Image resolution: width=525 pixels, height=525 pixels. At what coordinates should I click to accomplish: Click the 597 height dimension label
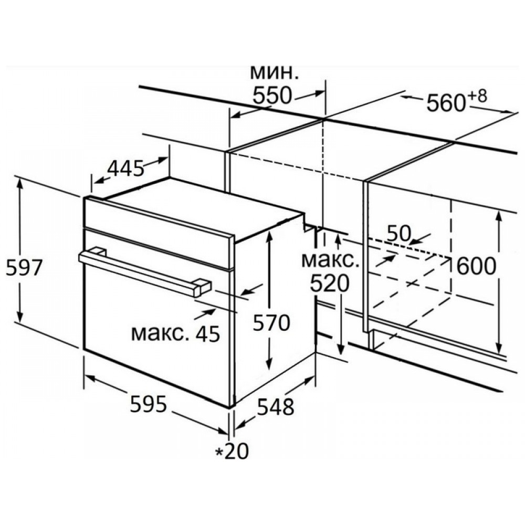point(25,268)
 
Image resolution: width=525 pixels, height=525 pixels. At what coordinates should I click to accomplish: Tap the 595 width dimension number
point(149,404)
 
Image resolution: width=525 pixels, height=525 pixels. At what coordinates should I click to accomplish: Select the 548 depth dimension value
point(276,407)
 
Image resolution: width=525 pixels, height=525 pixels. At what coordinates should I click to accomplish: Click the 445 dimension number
point(125,169)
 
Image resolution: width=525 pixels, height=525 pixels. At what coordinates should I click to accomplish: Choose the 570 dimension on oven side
point(271,323)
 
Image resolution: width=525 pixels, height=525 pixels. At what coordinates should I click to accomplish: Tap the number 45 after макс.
point(207,333)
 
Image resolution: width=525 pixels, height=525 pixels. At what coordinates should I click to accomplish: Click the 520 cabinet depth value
point(330,283)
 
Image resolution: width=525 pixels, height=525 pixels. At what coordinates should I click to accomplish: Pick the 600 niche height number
point(476,267)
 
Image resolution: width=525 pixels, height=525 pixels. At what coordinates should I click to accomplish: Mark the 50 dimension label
point(398,234)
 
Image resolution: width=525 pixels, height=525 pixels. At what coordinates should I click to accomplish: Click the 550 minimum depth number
point(272,96)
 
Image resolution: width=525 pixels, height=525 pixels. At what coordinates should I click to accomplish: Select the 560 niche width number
point(446,103)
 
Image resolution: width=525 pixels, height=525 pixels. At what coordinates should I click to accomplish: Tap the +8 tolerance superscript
point(477,97)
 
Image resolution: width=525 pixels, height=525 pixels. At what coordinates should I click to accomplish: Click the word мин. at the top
point(274,72)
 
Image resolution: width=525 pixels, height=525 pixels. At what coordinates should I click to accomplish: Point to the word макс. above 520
point(330,260)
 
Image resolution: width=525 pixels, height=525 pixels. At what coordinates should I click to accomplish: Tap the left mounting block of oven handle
point(97,251)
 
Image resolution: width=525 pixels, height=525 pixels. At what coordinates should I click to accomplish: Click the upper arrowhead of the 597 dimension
point(20,184)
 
